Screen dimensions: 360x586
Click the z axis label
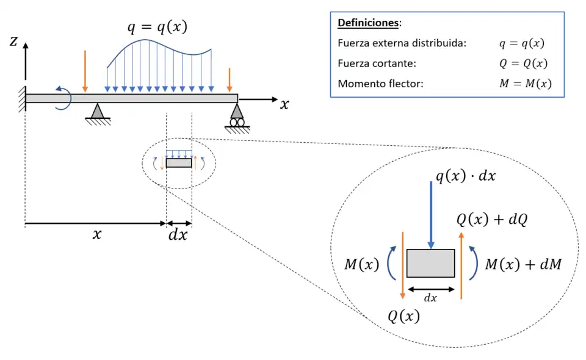tap(13, 41)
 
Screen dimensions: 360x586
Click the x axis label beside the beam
tap(284, 104)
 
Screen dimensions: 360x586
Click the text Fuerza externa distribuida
tap(402, 43)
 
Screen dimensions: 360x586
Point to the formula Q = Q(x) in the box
tap(523, 63)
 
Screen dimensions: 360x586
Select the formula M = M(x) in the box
tap(525, 84)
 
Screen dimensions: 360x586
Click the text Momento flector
tap(380, 84)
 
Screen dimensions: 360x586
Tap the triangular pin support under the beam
tap(97, 112)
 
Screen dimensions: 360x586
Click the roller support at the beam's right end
tap(236, 116)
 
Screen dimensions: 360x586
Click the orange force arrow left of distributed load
tap(85, 71)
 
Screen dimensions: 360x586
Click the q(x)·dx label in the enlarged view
tap(465, 176)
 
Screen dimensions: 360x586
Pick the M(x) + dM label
tap(523, 264)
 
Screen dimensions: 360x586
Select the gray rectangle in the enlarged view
tap(431, 263)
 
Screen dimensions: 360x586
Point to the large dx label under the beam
tap(178, 234)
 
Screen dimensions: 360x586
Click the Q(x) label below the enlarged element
tap(404, 316)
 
